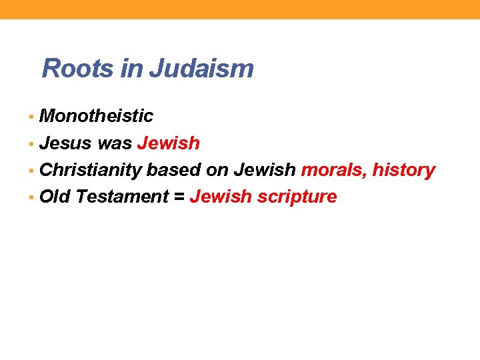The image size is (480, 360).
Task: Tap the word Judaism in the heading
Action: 201,68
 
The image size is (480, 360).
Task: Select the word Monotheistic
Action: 97,116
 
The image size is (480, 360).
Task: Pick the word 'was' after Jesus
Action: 115,143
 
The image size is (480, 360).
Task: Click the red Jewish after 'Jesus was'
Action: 168,143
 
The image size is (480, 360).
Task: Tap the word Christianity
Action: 91,170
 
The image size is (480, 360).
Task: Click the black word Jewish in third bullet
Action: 264,170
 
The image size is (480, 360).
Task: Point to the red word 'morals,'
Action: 333,170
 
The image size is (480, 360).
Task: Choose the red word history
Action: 403,170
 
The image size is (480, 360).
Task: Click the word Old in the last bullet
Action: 55,197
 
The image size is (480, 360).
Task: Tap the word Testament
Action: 122,197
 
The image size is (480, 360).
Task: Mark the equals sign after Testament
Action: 179,197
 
